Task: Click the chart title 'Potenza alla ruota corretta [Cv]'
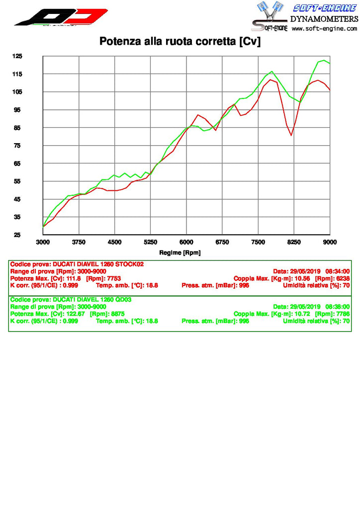pyautogui.click(x=180, y=41)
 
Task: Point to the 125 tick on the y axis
pyautogui.click(x=17, y=56)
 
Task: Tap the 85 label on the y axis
pyautogui.click(x=17, y=128)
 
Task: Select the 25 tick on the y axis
pyautogui.click(x=17, y=235)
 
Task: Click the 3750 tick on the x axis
pyautogui.click(x=79, y=243)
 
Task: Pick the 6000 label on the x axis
pyautogui.click(x=186, y=243)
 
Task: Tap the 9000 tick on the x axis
pyautogui.click(x=330, y=243)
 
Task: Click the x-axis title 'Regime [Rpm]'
pyautogui.click(x=180, y=253)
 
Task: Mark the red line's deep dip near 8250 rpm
pyautogui.click(x=291, y=135)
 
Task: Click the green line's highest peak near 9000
pyautogui.click(x=324, y=60)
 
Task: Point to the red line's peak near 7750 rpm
pyautogui.click(x=270, y=80)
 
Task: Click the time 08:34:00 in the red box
pyautogui.click(x=338, y=271)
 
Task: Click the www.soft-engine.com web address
pyautogui.click(x=325, y=29)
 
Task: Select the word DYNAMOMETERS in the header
pyautogui.click(x=324, y=19)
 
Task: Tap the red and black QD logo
pyautogui.click(x=61, y=17)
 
